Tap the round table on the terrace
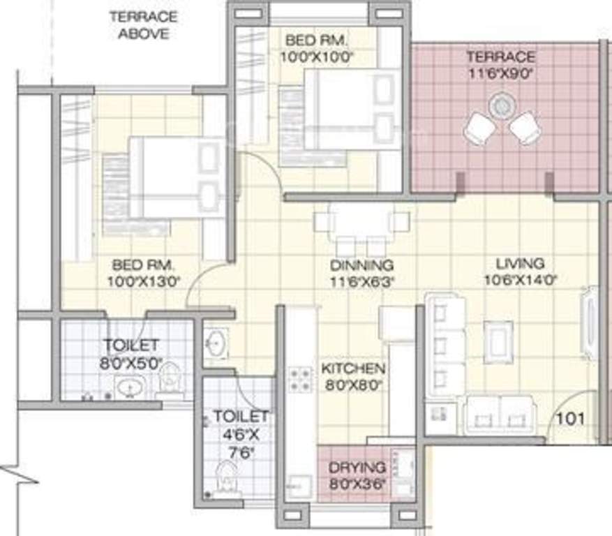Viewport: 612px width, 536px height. click(x=501, y=106)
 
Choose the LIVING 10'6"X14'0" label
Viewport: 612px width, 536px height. click(x=520, y=271)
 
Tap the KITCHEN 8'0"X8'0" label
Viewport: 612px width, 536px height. click(x=352, y=375)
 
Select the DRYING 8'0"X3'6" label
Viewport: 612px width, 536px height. click(x=357, y=475)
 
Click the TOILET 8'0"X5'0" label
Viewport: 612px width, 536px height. click(x=131, y=353)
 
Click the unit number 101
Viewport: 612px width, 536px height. click(x=571, y=419)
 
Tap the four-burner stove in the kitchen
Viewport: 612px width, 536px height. click(x=301, y=379)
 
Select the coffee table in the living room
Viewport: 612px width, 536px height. click(x=498, y=340)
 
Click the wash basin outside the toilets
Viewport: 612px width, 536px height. click(x=216, y=344)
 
